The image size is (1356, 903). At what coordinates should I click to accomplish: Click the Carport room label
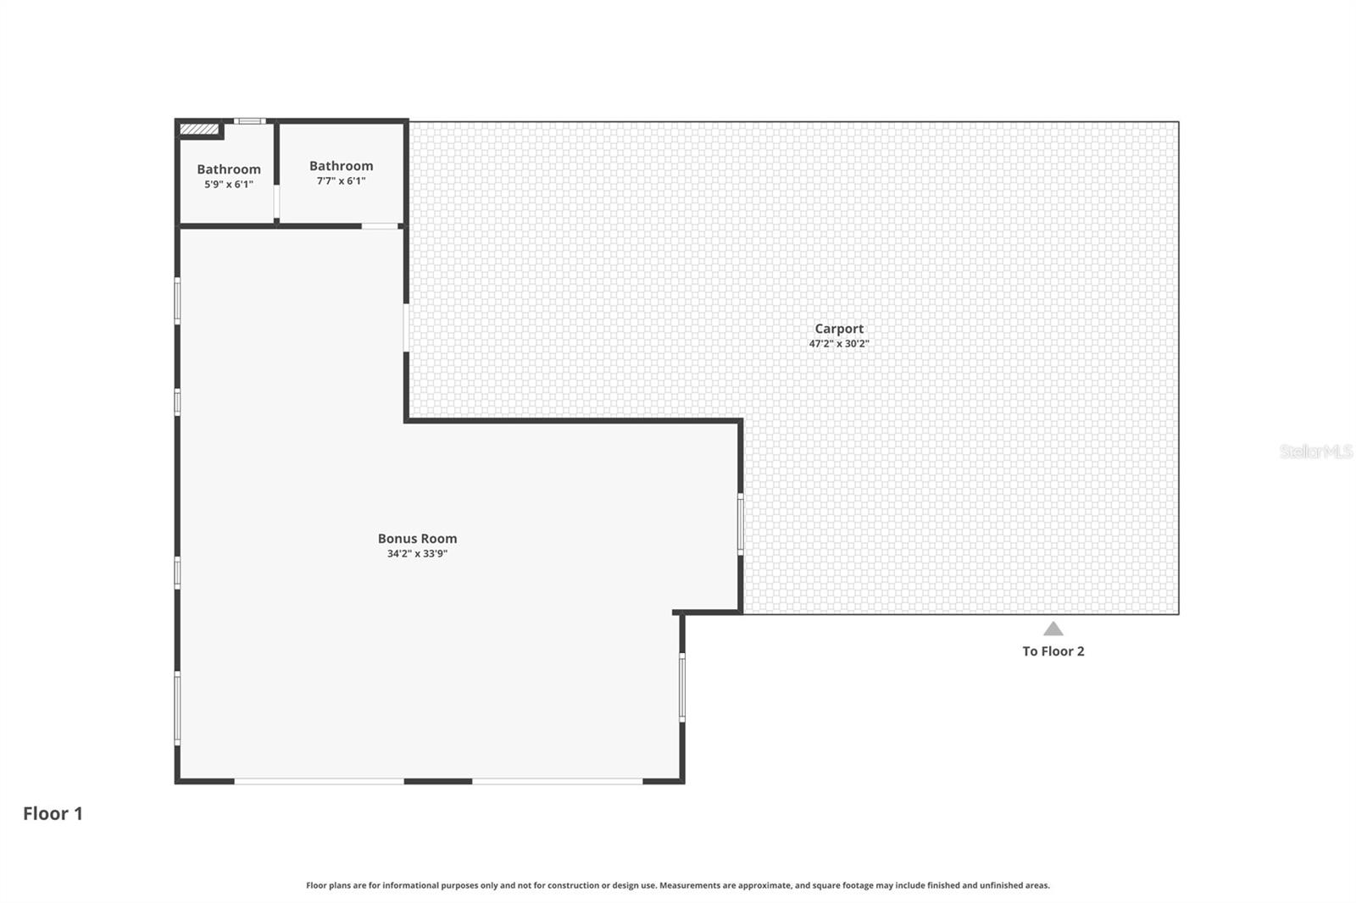pos(839,329)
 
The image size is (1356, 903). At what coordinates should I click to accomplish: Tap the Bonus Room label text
pos(417,539)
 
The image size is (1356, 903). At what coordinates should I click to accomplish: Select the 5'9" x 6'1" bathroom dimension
pos(229,185)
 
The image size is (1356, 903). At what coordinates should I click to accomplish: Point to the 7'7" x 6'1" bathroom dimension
pos(341,181)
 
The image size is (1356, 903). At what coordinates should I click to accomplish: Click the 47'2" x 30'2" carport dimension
pos(839,344)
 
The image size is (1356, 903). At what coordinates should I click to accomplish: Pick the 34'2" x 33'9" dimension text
pos(417,554)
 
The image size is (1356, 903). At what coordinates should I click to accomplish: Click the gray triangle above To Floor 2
pos(1053,629)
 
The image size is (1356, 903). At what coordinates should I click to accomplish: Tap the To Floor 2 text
pos(1053,651)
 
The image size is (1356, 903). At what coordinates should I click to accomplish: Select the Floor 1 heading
pos(53,813)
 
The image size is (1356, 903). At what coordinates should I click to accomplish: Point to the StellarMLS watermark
pos(1315,451)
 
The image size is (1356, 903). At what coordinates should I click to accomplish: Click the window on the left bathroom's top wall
pos(249,121)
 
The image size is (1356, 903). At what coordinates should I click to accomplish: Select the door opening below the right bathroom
pos(380,226)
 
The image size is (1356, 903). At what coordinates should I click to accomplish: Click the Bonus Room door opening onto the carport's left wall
pos(406,327)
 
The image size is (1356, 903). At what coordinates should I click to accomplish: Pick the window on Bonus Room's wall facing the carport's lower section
pos(740,524)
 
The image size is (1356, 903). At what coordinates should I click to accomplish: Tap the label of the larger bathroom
pos(341,166)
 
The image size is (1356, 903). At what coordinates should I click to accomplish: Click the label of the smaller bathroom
pos(229,169)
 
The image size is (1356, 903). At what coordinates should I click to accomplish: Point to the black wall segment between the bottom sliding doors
pos(438,781)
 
